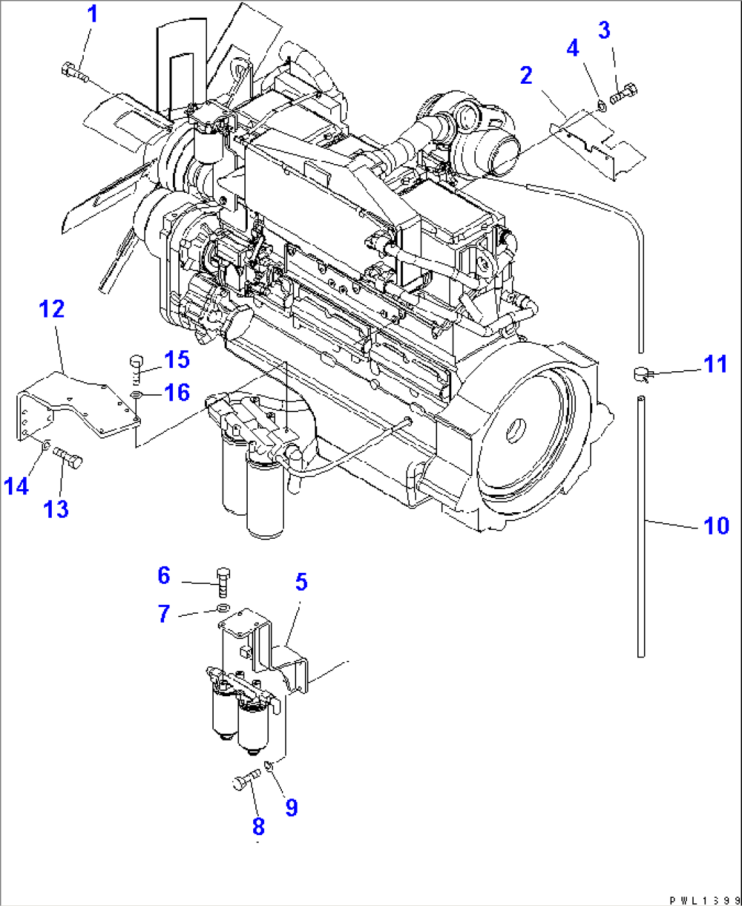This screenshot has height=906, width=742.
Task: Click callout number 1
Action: click(x=93, y=14)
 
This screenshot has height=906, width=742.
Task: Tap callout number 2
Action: click(x=526, y=76)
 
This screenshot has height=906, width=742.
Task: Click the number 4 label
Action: click(x=572, y=48)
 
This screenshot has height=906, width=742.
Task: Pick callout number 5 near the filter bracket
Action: click(x=301, y=582)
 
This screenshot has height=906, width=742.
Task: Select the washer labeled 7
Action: click(x=223, y=607)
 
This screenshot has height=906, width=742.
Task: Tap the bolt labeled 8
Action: click(x=245, y=782)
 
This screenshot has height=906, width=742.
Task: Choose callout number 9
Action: click(x=291, y=807)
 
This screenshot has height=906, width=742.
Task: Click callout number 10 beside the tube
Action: click(x=715, y=525)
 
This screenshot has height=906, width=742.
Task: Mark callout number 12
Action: click(x=52, y=309)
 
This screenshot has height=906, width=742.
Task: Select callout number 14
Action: click(x=16, y=486)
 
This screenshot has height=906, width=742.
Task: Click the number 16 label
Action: click(x=177, y=393)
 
